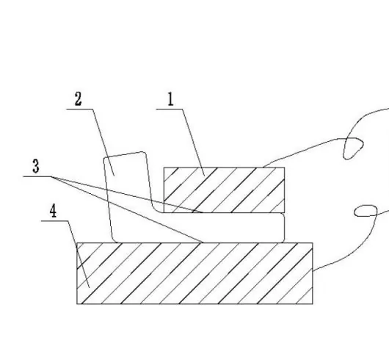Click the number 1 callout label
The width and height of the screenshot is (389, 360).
170,99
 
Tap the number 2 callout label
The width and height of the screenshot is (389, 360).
78,99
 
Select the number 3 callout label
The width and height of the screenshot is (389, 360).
36,166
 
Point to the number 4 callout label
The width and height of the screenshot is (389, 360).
53,212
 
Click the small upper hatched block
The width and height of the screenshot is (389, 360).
224,190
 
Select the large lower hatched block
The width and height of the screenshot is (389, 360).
194,273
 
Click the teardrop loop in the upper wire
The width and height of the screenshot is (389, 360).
353,148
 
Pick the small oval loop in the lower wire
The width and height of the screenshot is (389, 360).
366,211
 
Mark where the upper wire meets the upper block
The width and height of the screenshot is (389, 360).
263,167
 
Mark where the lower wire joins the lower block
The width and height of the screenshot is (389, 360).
313,270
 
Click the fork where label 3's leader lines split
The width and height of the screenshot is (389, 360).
52,177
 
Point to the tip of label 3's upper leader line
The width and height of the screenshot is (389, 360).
202,212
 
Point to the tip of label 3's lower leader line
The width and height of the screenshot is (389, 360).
203,242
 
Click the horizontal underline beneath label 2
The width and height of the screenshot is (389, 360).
80,109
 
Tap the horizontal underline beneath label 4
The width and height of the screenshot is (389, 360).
54,220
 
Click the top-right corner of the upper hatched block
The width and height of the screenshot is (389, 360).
285,168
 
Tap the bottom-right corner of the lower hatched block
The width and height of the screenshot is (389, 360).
313,304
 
